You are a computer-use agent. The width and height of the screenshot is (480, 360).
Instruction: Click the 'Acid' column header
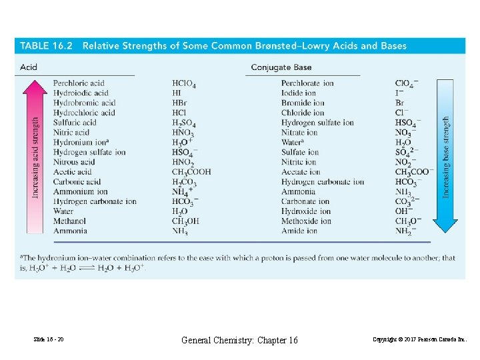tap(29, 67)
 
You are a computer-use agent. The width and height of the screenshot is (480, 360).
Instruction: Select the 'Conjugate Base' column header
tap(281, 67)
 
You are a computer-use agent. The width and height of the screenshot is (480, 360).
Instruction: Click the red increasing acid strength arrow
tap(35, 156)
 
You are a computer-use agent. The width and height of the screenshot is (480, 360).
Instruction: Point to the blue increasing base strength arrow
tap(446, 156)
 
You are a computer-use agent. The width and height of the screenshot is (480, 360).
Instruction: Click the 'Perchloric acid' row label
tap(79, 83)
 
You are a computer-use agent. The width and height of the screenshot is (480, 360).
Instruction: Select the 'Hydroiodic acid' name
tap(81, 93)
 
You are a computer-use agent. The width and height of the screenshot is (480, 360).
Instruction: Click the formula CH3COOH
tap(191, 172)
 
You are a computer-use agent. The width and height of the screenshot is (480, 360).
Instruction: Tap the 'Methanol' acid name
tap(69, 221)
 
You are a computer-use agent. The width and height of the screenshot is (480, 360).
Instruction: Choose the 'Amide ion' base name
tap(299, 231)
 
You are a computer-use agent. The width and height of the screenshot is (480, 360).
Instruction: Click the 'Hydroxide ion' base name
tap(306, 211)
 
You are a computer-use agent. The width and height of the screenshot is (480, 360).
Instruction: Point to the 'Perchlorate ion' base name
tap(307, 83)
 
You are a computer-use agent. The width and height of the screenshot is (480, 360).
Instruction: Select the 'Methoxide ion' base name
tap(306, 221)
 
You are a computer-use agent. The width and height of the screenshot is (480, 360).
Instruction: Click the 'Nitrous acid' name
tap(74, 162)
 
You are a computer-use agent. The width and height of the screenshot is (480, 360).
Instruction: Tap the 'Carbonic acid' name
tap(77, 182)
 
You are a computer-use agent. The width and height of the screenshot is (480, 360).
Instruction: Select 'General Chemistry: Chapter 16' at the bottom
tap(240, 341)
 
